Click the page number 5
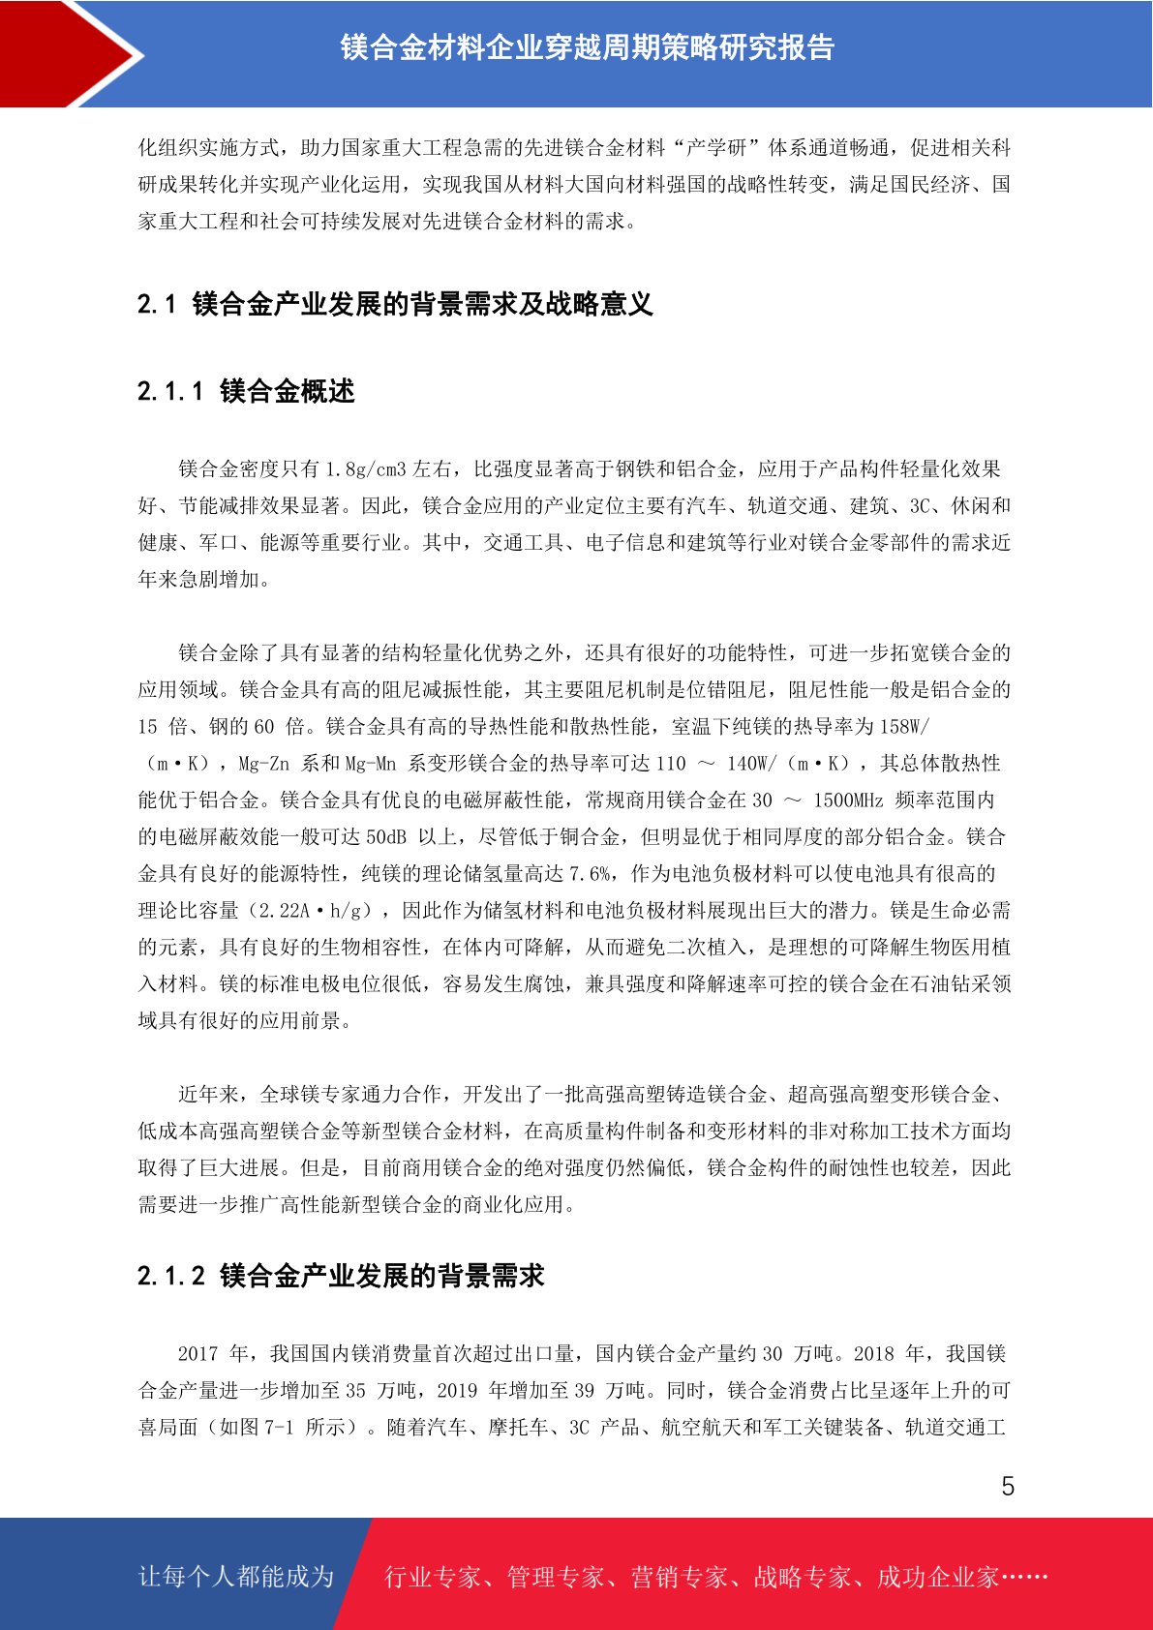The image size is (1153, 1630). tap(1008, 1487)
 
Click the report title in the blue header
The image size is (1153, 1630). tap(587, 47)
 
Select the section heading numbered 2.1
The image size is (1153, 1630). tap(395, 304)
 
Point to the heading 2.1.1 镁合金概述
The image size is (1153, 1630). tap(246, 391)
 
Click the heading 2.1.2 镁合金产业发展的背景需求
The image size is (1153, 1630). tap(341, 1276)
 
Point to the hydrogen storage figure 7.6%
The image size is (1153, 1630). tap(590, 874)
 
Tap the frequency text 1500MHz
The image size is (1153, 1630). tap(848, 800)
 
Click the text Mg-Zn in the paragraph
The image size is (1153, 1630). tap(263, 764)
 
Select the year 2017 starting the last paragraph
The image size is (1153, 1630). tap(197, 1354)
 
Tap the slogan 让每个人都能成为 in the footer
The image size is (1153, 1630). tap(236, 1577)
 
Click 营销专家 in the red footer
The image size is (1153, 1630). tap(679, 1578)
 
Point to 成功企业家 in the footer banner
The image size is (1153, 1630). tap(938, 1578)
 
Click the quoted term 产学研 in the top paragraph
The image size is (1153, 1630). tap(716, 148)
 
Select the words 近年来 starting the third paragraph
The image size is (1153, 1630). tap(208, 1095)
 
